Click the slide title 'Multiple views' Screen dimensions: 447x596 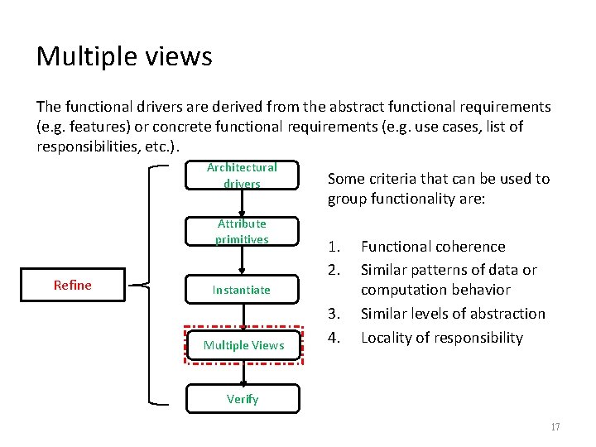pyautogui.click(x=124, y=56)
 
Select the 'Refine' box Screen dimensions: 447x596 pyautogui.click(x=73, y=285)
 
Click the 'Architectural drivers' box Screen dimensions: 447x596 pyautogui.click(x=242, y=175)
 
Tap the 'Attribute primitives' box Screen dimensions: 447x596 pyautogui.click(x=242, y=232)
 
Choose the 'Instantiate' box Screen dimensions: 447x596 pyautogui.click(x=242, y=290)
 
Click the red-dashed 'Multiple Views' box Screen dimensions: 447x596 pyautogui.click(x=244, y=344)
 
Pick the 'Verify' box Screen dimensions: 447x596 pyautogui.click(x=243, y=399)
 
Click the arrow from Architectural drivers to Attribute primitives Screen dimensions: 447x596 pyautogui.click(x=243, y=203)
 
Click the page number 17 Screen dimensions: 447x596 pyautogui.click(x=555, y=427)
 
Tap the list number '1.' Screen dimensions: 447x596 pyautogui.click(x=334, y=247)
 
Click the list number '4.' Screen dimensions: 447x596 pyautogui.click(x=334, y=338)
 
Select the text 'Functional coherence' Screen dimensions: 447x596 pyautogui.click(x=433, y=247)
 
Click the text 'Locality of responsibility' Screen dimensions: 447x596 pyautogui.click(x=442, y=338)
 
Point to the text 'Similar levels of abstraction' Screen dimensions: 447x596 pyautogui.click(x=453, y=314)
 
